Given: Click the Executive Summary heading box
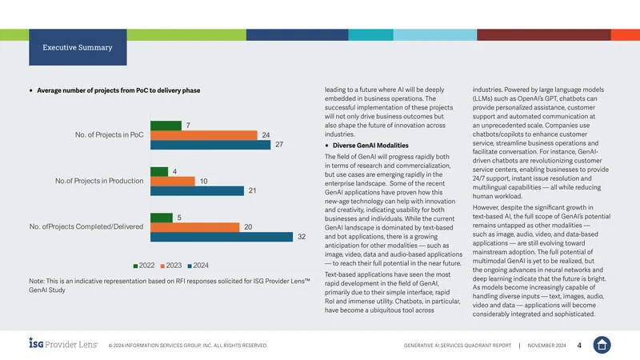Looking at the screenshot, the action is pyautogui.click(x=78, y=47).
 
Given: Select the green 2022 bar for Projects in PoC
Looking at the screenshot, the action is pyautogui.click(x=166, y=126).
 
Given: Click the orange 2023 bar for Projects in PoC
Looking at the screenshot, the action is pyautogui.click(x=204, y=135).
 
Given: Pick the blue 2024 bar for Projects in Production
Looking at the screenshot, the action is pyautogui.click(x=197, y=190).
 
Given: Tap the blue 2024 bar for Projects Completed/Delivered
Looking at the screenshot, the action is pyautogui.click(x=222, y=237).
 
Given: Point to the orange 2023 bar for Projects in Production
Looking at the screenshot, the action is pyautogui.click(x=173, y=182).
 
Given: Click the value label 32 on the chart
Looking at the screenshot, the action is pyautogui.click(x=302, y=237).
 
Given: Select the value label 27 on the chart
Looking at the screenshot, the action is pyautogui.click(x=279, y=145).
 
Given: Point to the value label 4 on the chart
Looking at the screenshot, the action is pyautogui.click(x=174, y=172).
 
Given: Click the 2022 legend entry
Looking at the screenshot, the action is pyautogui.click(x=144, y=266).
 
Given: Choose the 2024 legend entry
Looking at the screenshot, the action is pyautogui.click(x=198, y=266).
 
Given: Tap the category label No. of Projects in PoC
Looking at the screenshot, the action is pyautogui.click(x=109, y=134).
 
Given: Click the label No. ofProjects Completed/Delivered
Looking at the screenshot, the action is pyautogui.click(x=86, y=226).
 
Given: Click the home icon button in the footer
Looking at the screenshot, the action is pyautogui.click(x=602, y=345).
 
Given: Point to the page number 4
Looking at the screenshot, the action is pyautogui.click(x=579, y=346).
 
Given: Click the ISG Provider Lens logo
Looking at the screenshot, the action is pyautogui.click(x=63, y=343).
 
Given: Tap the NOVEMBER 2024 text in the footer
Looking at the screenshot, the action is pyautogui.click(x=546, y=346).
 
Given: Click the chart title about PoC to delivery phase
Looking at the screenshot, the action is pyautogui.click(x=118, y=90).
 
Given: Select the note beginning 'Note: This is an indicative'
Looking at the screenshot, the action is pyautogui.click(x=170, y=286).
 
